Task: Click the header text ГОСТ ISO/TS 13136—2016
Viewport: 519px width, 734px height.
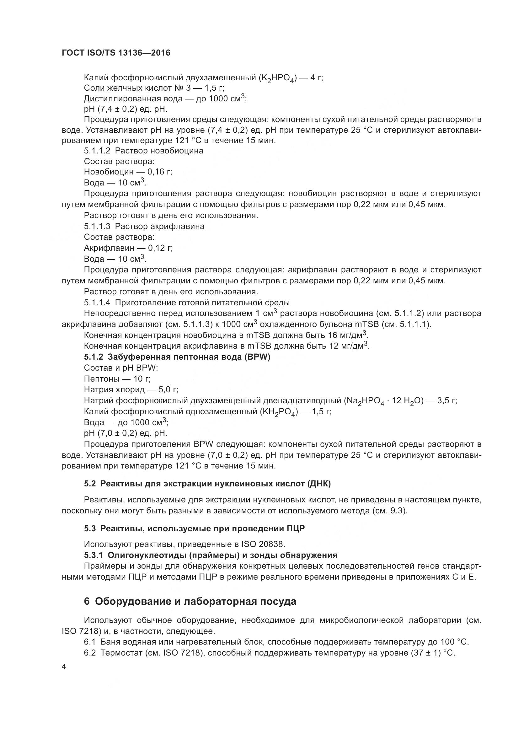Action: pos(116,53)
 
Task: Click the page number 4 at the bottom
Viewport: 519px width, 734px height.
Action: pos(64,667)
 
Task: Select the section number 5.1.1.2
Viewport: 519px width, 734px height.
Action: pos(97,151)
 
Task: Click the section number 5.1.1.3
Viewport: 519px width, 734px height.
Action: pos(97,226)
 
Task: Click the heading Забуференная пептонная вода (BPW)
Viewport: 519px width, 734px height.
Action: pos(189,357)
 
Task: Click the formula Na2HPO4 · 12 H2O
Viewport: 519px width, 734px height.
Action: pos(383,401)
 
